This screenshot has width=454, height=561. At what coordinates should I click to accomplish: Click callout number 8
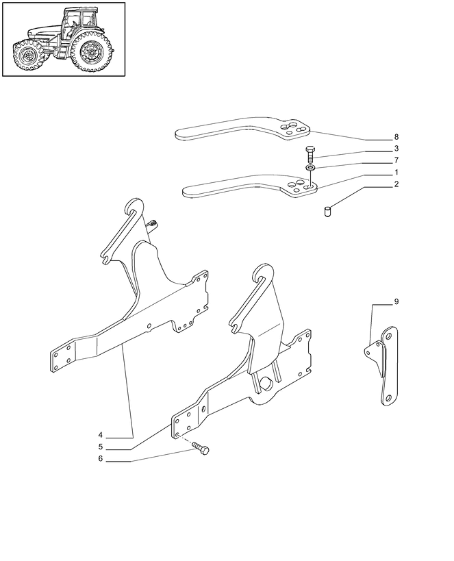(396, 137)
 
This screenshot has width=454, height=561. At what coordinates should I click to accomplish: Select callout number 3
(396, 148)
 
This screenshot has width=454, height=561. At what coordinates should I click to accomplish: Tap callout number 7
(396, 160)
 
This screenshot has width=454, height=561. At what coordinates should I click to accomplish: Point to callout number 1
(396, 172)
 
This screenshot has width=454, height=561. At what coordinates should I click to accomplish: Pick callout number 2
(396, 184)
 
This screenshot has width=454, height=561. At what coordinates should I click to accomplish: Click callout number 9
(396, 301)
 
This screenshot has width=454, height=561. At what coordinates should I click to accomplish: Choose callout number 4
(101, 435)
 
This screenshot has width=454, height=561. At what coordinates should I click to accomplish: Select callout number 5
(101, 447)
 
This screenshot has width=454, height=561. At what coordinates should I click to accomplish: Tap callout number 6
(101, 459)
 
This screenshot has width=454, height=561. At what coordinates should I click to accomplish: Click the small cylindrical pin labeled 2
(327, 212)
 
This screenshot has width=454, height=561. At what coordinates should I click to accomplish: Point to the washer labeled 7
(310, 167)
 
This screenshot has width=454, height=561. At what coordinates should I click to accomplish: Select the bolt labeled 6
(201, 448)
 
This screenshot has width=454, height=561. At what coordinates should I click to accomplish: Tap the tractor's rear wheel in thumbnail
(90, 51)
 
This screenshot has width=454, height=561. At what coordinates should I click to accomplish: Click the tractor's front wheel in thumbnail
(28, 55)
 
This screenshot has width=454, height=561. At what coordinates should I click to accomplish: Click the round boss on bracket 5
(266, 383)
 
